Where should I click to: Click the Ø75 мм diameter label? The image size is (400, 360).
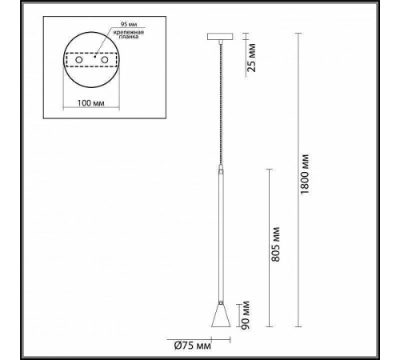tap(193, 346)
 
